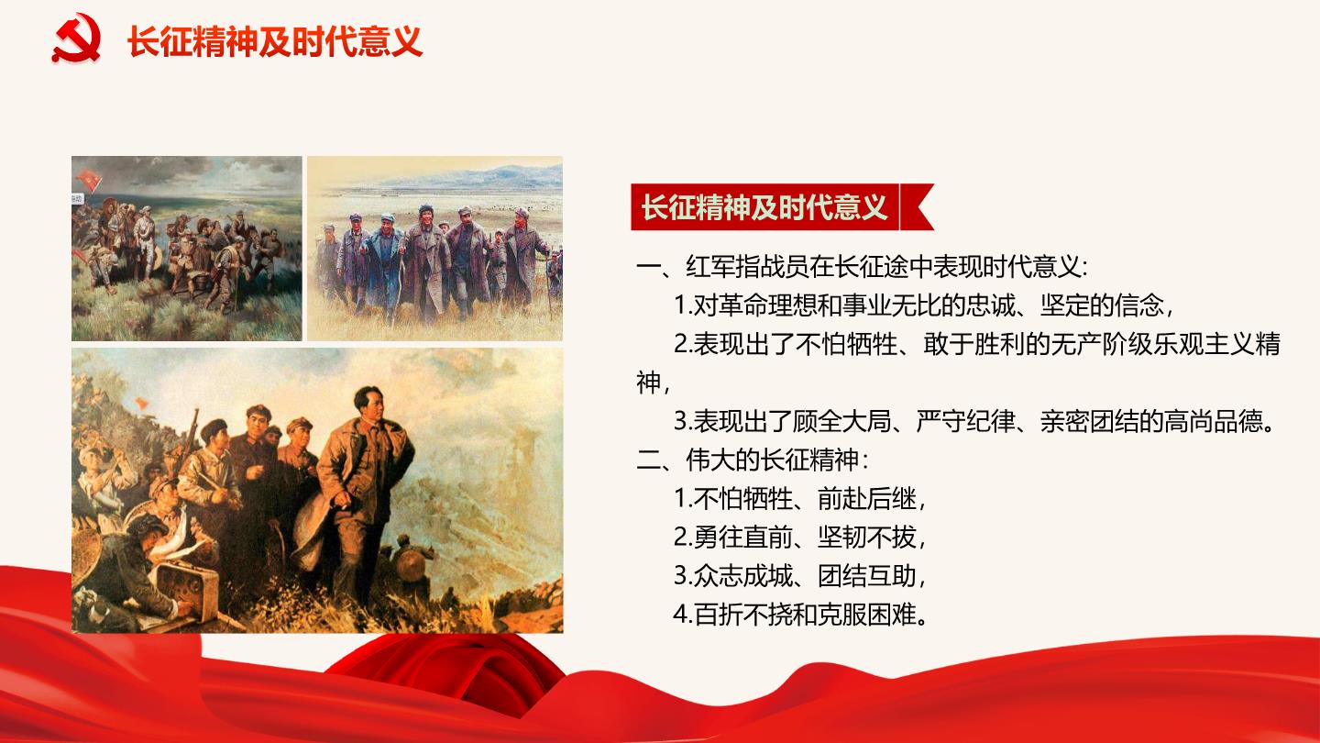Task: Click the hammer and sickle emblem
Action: (77, 38)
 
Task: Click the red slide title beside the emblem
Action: (275, 41)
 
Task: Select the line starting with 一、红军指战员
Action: (862, 267)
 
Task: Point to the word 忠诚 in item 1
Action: (990, 305)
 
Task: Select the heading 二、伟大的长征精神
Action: (752, 460)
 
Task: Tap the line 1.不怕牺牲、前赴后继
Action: (799, 499)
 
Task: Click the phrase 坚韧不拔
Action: (866, 538)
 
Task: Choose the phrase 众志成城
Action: (743, 575)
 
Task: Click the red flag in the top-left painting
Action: (90, 178)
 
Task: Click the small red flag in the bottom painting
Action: (141, 405)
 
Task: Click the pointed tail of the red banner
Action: (918, 206)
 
